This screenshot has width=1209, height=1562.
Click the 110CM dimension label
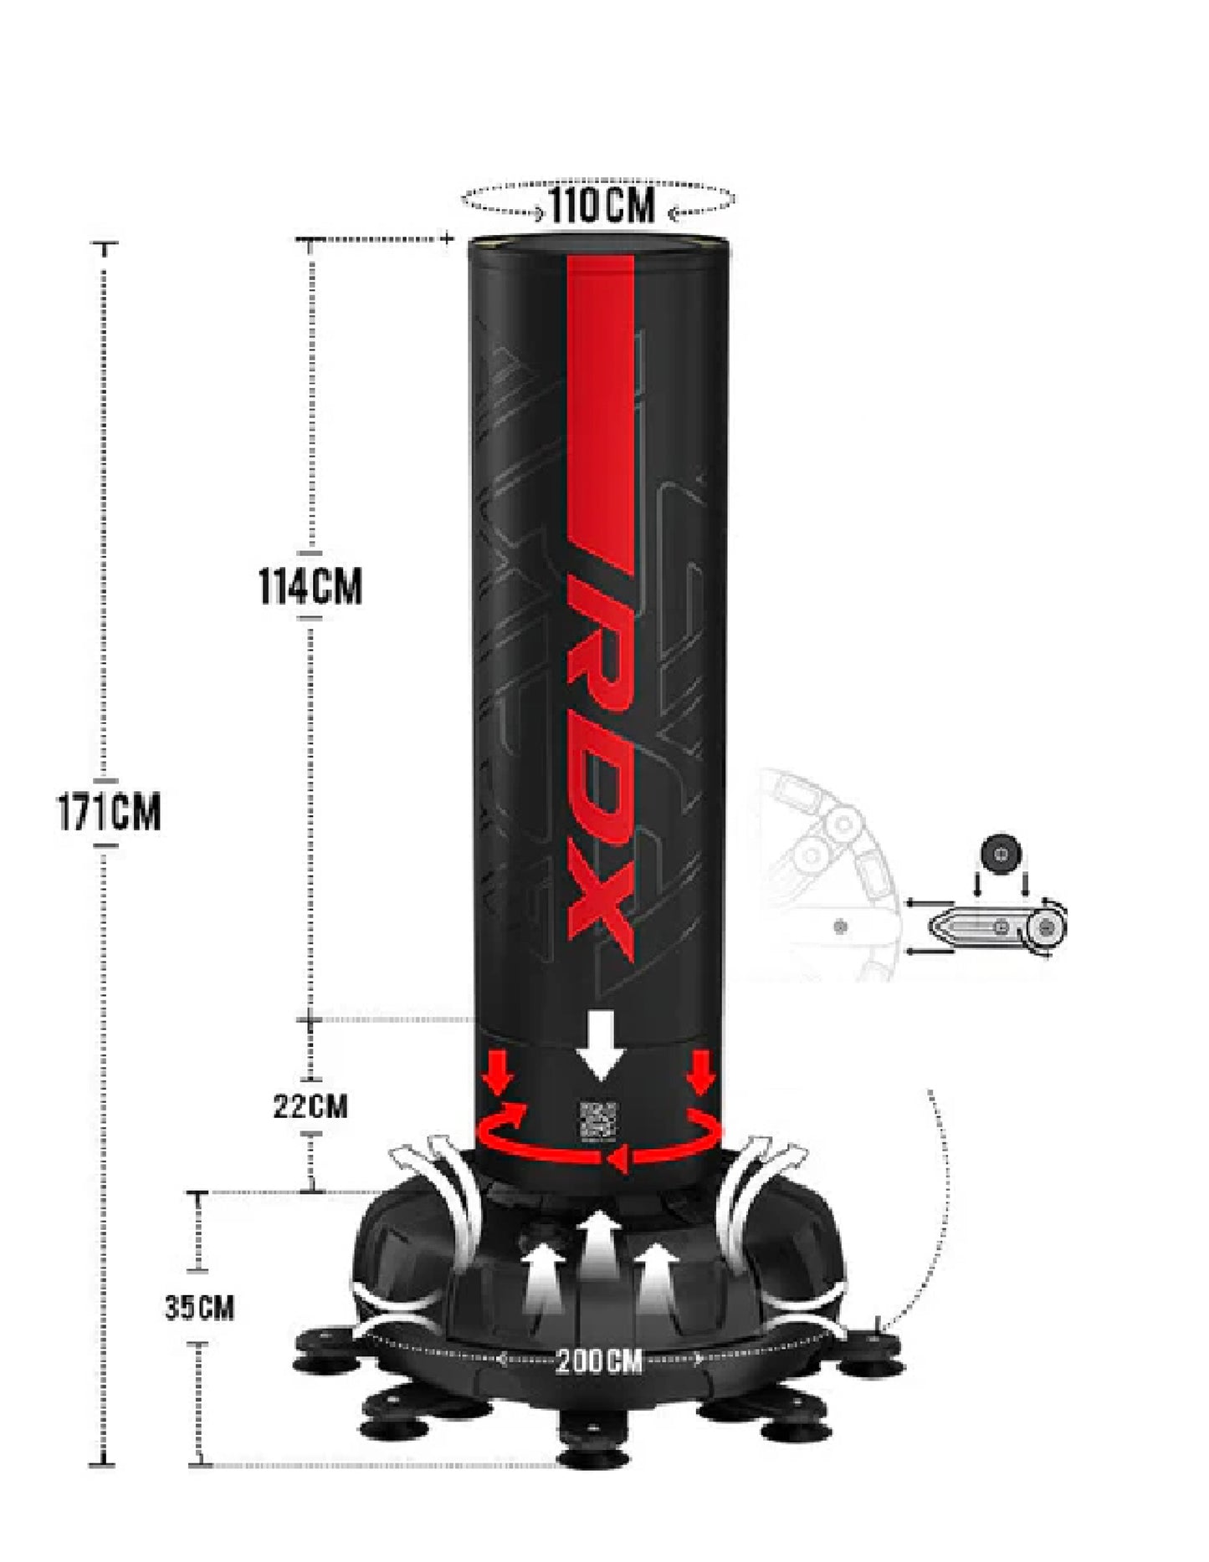pos(602,204)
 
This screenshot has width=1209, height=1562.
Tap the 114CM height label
pos(310,587)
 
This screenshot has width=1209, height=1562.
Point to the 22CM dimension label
pos(310,1106)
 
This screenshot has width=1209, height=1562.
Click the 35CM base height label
pos(199,1307)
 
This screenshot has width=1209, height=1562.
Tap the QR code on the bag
pos(599,1120)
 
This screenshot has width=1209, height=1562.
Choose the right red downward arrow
pos(701,1073)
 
